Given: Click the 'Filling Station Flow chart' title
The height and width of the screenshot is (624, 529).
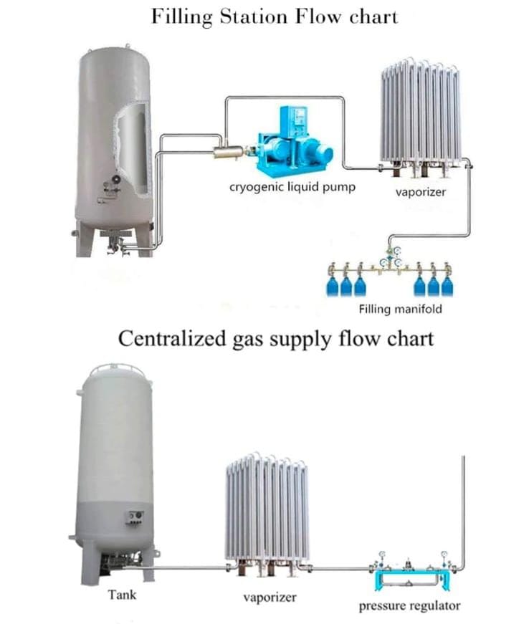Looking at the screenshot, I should [x=274, y=16].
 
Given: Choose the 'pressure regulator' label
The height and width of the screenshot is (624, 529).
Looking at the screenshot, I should [x=410, y=606].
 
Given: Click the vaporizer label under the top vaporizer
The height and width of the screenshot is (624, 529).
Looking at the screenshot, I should [x=417, y=193].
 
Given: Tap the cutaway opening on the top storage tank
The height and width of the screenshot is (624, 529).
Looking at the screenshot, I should [x=133, y=147].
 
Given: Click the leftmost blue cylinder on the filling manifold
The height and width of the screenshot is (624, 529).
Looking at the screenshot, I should [x=333, y=285].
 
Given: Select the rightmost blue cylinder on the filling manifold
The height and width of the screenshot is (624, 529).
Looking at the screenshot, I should [x=447, y=285].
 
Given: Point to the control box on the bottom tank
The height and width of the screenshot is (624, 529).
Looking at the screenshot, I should [x=134, y=516].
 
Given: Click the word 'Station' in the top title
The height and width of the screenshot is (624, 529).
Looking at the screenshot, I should [x=250, y=16].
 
